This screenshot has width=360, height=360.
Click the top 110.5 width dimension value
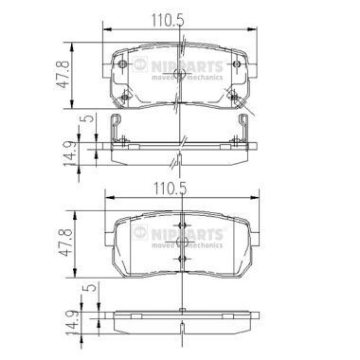(x=178, y=16)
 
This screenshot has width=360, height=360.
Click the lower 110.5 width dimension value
(x=178, y=187)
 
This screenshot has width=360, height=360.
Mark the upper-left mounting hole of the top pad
(x=125, y=64)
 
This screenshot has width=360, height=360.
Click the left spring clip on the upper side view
(x=115, y=131)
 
